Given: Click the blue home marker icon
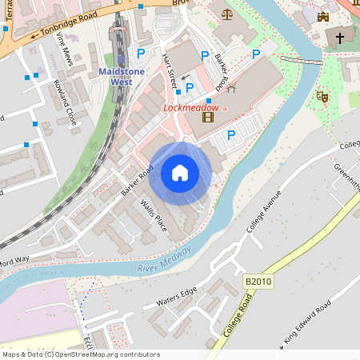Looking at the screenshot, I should click(180, 173).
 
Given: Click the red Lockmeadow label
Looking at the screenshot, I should click(190, 106).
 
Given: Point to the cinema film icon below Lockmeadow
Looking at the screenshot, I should click(208, 118).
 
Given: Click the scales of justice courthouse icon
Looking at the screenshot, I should click(227, 14).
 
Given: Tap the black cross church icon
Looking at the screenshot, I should click(340, 38).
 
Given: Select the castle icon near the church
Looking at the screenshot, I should click(323, 16).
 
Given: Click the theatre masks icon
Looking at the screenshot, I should click(322, 96).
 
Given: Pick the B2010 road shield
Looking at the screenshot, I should click(258, 282).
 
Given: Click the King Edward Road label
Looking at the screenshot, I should click(307, 325).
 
